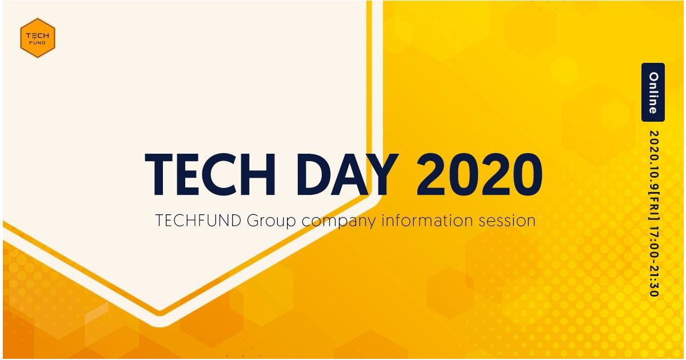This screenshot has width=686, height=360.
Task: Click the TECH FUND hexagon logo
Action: pos(37,38)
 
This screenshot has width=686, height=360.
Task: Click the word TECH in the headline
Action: pos(210,174)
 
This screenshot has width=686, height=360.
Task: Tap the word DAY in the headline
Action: pos(348,174)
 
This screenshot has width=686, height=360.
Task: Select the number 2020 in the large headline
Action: pos(479,174)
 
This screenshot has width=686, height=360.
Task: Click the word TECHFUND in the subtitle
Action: pos(198,221)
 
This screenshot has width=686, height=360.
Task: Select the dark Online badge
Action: pos(653,93)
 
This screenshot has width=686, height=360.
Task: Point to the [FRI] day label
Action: pos(654,207)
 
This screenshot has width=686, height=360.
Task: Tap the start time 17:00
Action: pos(654,242)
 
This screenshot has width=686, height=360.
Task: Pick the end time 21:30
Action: pos(654,282)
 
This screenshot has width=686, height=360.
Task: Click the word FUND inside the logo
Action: pos(37,43)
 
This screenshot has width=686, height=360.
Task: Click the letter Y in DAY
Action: pos(382,174)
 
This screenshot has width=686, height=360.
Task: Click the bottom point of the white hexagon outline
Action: pos(160,326)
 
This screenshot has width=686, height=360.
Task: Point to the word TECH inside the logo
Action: pos(37,36)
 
